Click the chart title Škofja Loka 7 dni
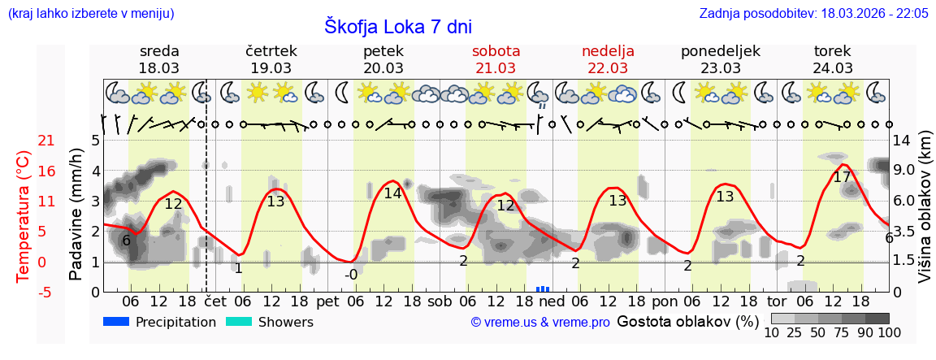tap(397, 26)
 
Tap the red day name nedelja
tap(608, 51)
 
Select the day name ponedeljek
tap(720, 51)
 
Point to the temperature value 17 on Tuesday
tap(842, 177)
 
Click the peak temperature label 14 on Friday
tap(392, 193)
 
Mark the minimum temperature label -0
tap(350, 275)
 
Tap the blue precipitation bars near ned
tap(543, 288)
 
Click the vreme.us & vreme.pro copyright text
tap(540, 323)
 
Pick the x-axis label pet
tap(327, 301)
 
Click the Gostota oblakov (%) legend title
tap(687, 321)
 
